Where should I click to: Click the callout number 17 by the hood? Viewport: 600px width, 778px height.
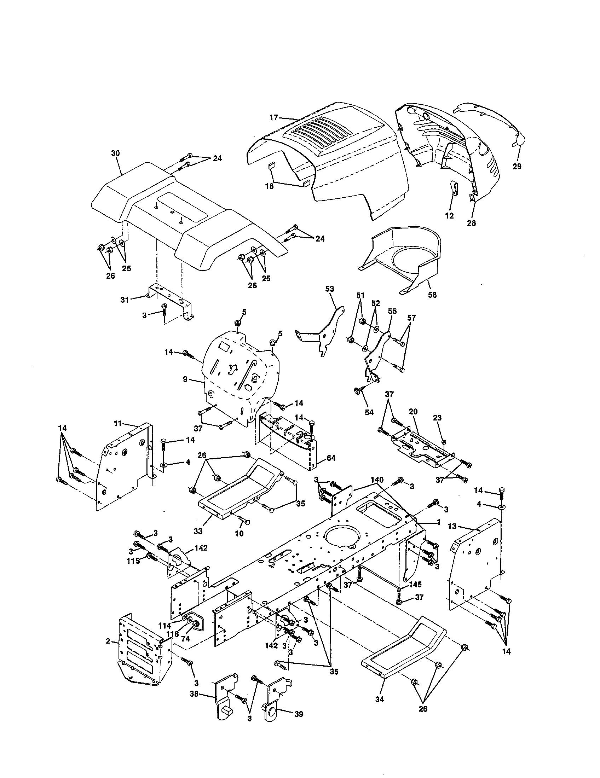[x=273, y=117]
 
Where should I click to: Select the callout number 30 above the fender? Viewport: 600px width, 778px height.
[x=115, y=153]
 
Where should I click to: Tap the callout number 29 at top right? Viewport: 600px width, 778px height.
[x=517, y=166]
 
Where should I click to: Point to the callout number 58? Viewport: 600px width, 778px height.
[x=432, y=295]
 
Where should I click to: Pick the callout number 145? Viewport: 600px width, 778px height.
[x=415, y=585]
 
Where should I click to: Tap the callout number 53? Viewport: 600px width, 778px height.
[x=330, y=289]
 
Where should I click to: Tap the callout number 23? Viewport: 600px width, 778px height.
[x=437, y=418]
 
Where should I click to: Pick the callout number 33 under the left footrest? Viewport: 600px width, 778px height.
[x=198, y=541]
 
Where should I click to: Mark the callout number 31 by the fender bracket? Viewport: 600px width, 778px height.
[x=124, y=300]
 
